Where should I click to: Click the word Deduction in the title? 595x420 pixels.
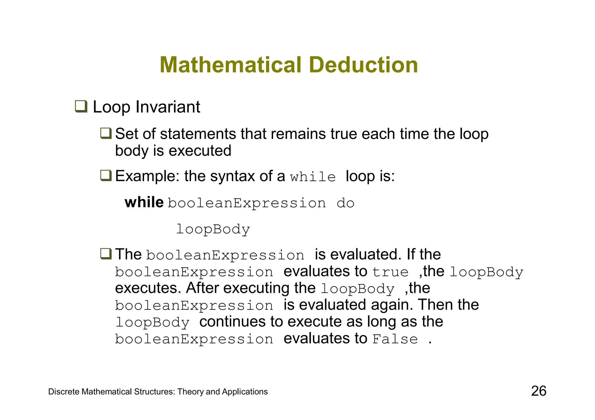pyautogui.click(x=365, y=65)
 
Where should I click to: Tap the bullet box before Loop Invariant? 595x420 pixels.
pyautogui.click(x=81, y=106)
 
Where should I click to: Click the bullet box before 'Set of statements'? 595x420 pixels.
pyautogui.click(x=106, y=134)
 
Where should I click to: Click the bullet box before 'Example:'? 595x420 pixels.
pyautogui.click(x=106, y=175)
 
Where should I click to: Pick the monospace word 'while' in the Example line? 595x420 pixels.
pyautogui.click(x=313, y=177)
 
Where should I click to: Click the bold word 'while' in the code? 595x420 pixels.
pyautogui.click(x=144, y=202)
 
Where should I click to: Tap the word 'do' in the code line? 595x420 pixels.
pyautogui.click(x=345, y=203)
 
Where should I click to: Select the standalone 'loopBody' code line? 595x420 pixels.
pyautogui.click(x=213, y=229)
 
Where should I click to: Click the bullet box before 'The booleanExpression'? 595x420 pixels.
pyautogui.click(x=106, y=253)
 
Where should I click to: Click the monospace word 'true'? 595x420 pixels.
pyautogui.click(x=390, y=272)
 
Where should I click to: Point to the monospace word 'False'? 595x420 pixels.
pyautogui.click(x=395, y=339)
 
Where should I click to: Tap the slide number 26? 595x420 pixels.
pyautogui.click(x=539, y=391)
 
